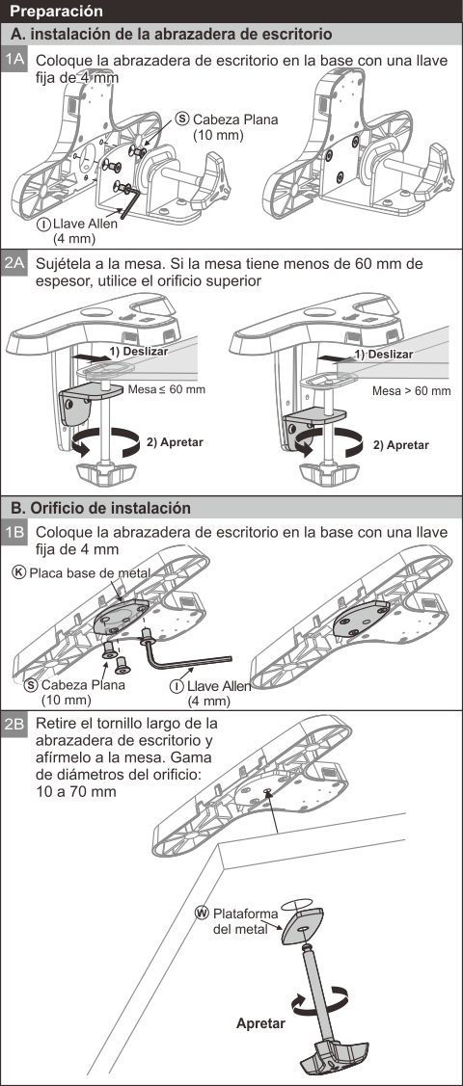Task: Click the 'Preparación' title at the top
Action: [58, 12]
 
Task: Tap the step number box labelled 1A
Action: [14, 60]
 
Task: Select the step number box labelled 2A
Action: [14, 264]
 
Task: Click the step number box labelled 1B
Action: [14, 532]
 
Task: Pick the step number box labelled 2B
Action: [14, 726]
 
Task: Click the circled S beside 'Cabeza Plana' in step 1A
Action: [183, 119]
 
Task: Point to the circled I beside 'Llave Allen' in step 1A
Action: [44, 225]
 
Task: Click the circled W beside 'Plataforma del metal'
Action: [203, 913]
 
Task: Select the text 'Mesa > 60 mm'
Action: [411, 391]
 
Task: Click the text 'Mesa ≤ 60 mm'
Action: [166, 389]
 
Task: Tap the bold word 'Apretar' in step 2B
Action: [260, 1023]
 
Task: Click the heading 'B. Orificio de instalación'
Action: [101, 508]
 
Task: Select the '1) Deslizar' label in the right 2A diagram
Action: [383, 354]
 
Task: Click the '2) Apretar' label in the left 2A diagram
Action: [175, 442]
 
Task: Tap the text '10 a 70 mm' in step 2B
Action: [75, 790]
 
